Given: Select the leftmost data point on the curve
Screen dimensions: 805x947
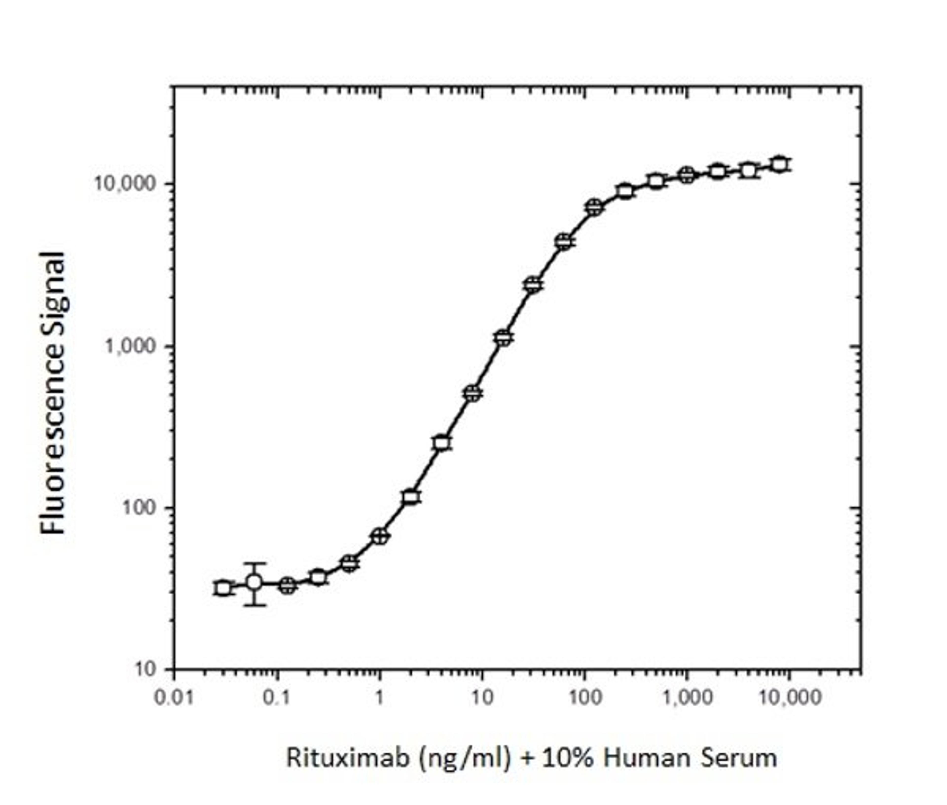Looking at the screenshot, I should click(223, 588).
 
